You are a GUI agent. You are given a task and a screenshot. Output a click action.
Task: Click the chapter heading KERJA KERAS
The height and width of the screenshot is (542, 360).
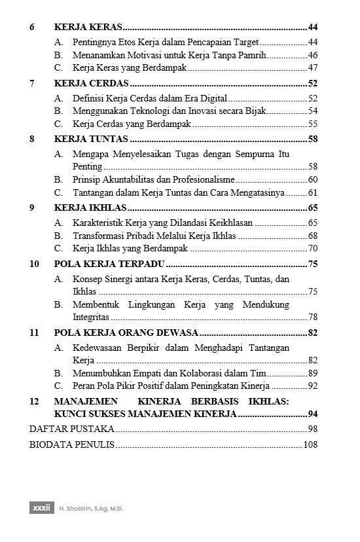(x=88, y=27)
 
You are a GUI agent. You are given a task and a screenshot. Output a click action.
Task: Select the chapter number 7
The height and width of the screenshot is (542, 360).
(x=32, y=83)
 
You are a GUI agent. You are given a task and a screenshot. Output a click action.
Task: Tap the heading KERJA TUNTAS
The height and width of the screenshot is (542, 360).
(x=91, y=139)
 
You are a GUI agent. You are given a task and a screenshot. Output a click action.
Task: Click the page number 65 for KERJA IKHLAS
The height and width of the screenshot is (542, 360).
(x=312, y=208)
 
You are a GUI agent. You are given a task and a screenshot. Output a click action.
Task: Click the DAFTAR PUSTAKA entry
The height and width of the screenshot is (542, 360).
(x=72, y=429)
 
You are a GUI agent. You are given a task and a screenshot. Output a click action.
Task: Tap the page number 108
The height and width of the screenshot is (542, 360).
(x=310, y=445)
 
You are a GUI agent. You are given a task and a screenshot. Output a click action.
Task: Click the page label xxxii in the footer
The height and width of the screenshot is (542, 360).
(x=41, y=508)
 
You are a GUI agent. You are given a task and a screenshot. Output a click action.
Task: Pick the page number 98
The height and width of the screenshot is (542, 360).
(x=312, y=429)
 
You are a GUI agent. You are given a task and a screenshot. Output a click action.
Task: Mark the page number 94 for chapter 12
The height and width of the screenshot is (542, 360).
(x=312, y=414)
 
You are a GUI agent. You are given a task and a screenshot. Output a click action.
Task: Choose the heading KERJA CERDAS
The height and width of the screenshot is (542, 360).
(x=92, y=83)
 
